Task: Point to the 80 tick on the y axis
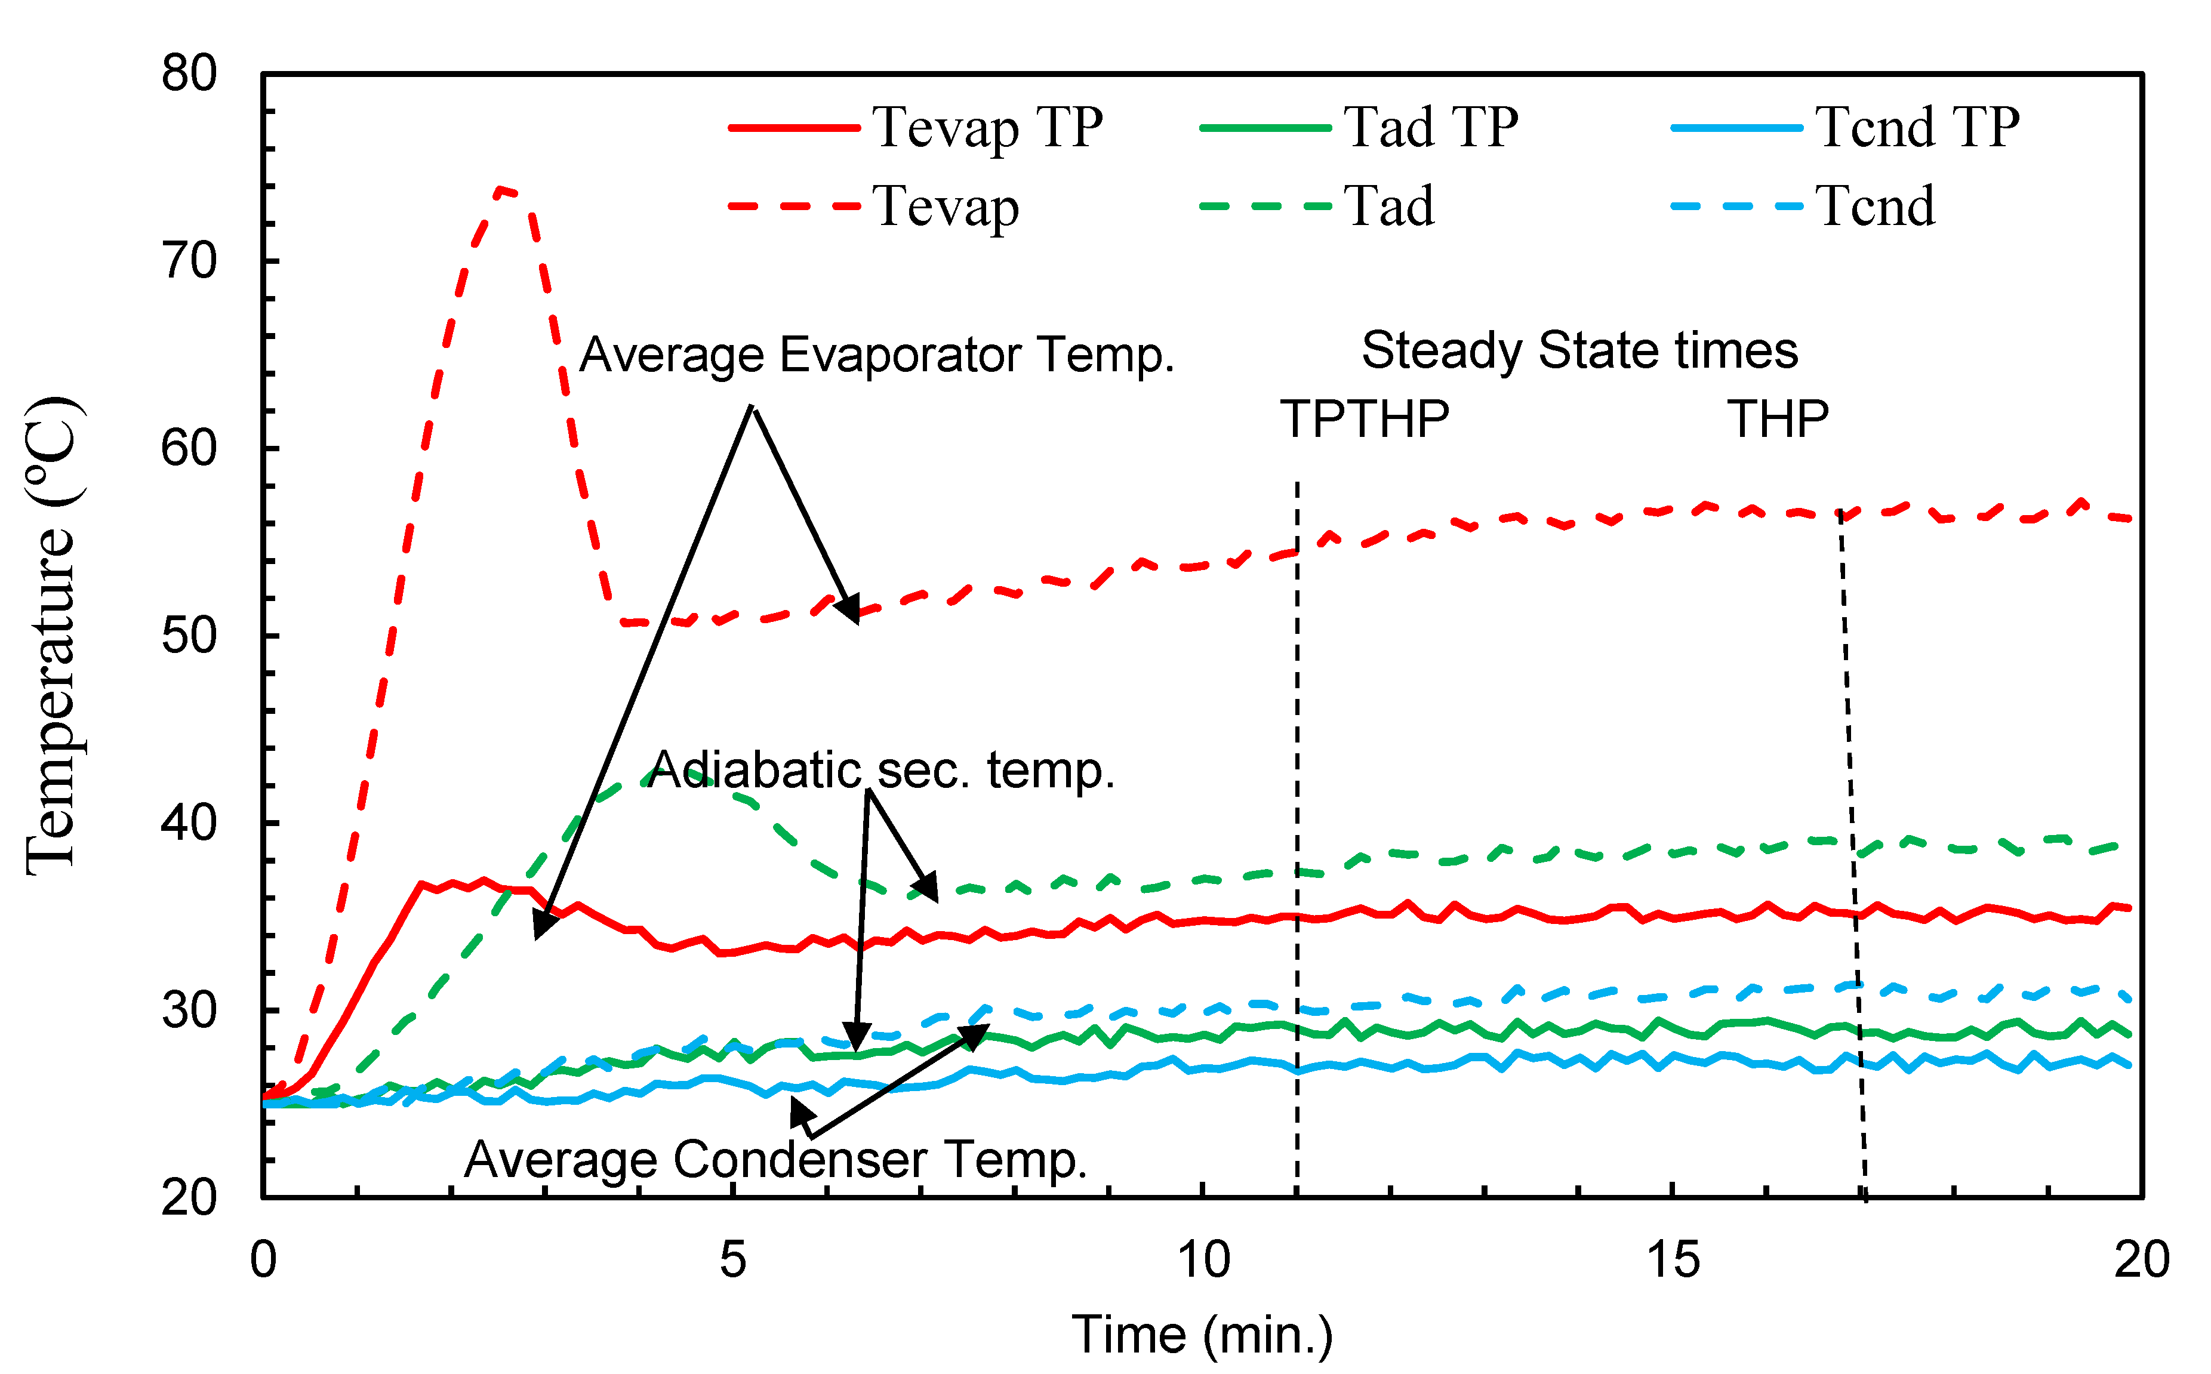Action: [189, 73]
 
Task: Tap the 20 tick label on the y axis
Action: [189, 1198]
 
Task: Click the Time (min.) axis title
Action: [1202, 1335]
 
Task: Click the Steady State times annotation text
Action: [1579, 351]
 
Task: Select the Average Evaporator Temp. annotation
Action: [877, 355]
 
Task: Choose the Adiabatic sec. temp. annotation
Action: [880, 771]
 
